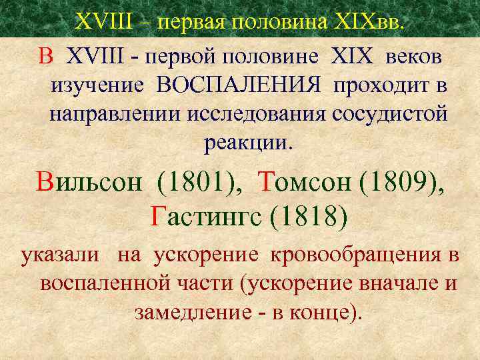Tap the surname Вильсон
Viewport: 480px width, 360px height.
(89, 181)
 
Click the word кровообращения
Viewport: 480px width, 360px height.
(355, 255)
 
